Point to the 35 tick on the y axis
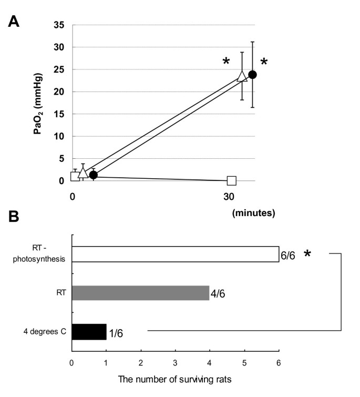pyautogui.click(x=59, y=25)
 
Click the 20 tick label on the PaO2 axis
pyautogui.click(x=59, y=91)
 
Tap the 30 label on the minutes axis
pyautogui.click(x=229, y=197)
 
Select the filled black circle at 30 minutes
pyautogui.click(x=252, y=75)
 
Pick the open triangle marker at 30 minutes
pyautogui.click(x=242, y=76)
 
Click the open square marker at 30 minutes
pyautogui.click(x=232, y=181)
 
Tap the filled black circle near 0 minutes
pyautogui.click(x=93, y=175)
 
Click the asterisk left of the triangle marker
pyautogui.click(x=226, y=62)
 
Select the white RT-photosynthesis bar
pyautogui.click(x=175, y=254)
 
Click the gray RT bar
pyautogui.click(x=140, y=293)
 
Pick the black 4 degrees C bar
pyautogui.click(x=89, y=332)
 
